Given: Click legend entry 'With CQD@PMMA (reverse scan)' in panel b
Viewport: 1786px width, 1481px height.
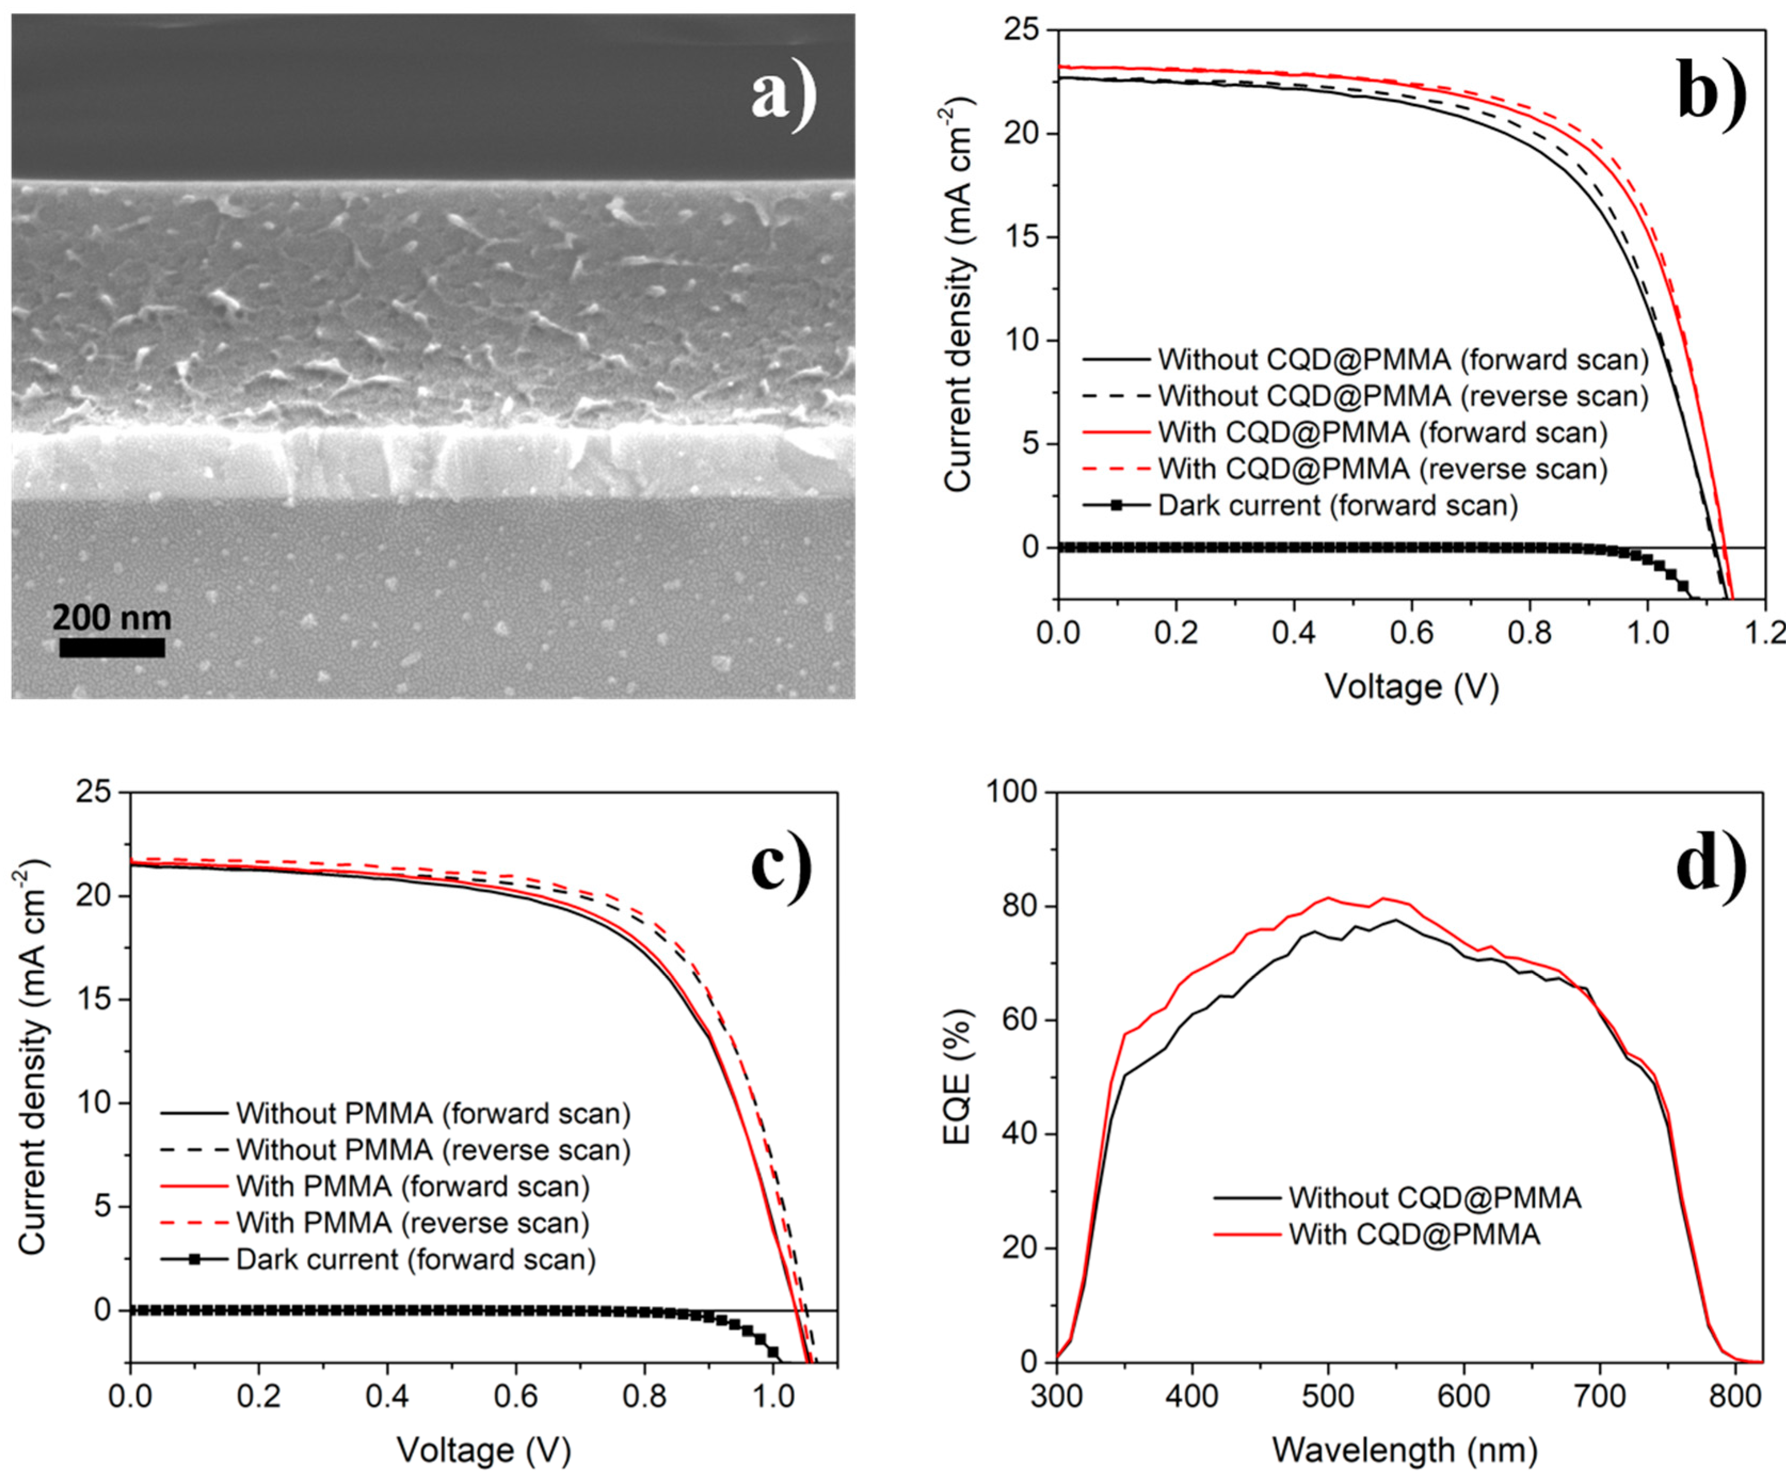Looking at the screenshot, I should pos(1382,469).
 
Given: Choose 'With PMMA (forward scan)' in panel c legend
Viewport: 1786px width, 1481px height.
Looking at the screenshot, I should pos(413,1186).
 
